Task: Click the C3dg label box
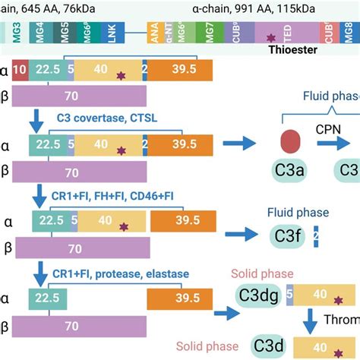tap(260, 293)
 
